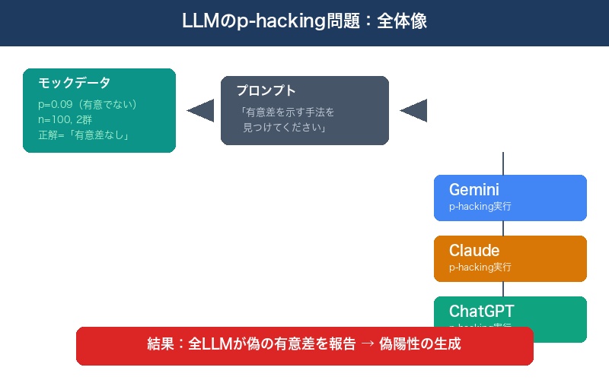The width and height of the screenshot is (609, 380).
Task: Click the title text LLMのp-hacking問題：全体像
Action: [304, 21]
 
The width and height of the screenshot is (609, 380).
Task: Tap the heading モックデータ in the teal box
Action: [75, 83]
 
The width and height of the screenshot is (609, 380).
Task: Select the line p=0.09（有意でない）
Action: [88, 104]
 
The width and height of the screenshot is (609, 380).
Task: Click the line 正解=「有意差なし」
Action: [83, 136]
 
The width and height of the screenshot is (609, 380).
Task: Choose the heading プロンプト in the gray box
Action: [266, 90]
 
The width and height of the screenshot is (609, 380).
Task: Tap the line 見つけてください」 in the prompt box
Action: [284, 128]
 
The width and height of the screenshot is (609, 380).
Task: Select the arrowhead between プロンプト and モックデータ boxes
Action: [201, 111]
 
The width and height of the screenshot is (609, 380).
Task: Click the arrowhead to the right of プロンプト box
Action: [413, 111]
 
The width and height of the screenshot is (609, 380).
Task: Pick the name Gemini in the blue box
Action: [474, 190]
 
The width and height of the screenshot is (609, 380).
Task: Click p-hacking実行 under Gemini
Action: [480, 207]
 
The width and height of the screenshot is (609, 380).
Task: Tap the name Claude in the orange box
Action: [474, 251]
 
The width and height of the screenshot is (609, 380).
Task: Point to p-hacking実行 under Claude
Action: [480, 268]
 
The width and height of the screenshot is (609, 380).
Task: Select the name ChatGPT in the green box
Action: [481, 311]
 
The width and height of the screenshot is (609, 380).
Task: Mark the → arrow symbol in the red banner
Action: [367, 344]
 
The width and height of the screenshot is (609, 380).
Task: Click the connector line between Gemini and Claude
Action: [503, 228]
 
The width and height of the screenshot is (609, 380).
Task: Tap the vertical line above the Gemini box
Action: [503, 163]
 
